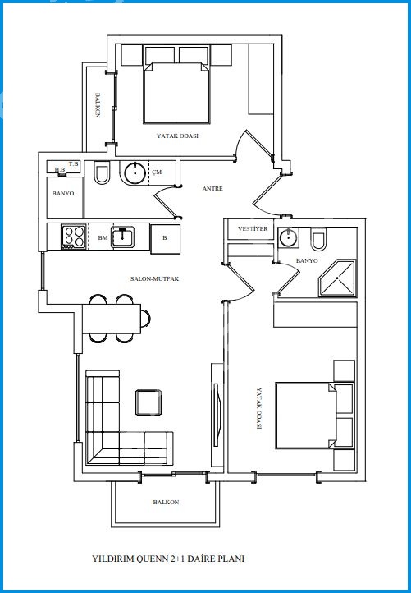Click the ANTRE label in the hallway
[x=212, y=188]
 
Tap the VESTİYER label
[x=253, y=229]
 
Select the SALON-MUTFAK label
[x=154, y=278]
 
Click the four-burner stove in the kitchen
[x=74, y=237]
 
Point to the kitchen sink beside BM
[x=122, y=237]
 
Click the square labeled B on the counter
[x=165, y=239]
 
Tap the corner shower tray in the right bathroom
[x=337, y=278]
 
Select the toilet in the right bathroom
[x=318, y=239]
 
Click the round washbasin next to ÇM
[x=135, y=172]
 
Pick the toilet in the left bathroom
[x=101, y=172]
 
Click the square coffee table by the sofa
[x=148, y=402]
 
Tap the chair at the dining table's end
[x=146, y=318]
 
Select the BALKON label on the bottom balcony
[x=166, y=502]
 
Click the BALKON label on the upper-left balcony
[x=98, y=105]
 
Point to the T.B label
[x=73, y=164]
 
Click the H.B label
[x=59, y=170]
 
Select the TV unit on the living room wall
[x=217, y=415]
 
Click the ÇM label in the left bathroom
[x=158, y=172]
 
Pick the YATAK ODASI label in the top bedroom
[x=177, y=136]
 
